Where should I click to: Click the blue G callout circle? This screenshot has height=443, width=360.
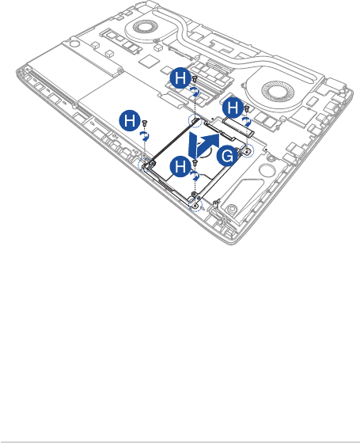[x=228, y=157]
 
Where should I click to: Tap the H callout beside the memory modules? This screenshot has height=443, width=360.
[x=180, y=78]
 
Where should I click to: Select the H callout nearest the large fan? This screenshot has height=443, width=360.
[x=233, y=108]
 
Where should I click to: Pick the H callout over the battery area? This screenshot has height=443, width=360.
[x=130, y=120]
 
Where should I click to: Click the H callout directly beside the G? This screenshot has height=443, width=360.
[x=180, y=166]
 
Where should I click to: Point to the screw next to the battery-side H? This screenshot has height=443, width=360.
[x=145, y=123]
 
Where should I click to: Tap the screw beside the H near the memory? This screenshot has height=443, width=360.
[x=195, y=78]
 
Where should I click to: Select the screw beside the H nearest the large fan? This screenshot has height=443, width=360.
[x=246, y=108]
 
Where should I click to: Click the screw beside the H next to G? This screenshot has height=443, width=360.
[x=195, y=162]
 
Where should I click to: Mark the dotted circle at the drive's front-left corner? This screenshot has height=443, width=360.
[x=145, y=165]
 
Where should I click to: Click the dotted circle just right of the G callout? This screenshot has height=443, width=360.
[x=247, y=151]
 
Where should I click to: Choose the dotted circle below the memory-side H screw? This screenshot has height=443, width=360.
[x=195, y=121]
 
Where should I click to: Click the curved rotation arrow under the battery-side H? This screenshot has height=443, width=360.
[x=146, y=136]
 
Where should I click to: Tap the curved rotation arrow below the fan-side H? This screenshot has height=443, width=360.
[x=247, y=122]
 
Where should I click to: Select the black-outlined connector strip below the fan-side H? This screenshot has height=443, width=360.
[x=238, y=127]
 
